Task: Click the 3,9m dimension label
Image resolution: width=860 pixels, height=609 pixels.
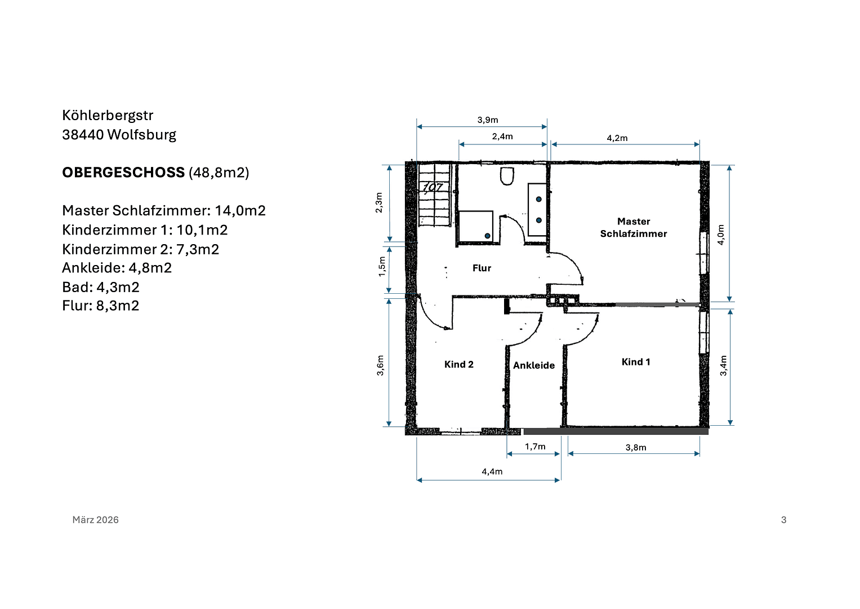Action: tap(488, 120)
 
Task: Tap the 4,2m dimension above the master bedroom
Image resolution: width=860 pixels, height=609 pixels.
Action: tap(617, 138)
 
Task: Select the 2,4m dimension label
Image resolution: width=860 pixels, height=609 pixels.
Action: tap(502, 136)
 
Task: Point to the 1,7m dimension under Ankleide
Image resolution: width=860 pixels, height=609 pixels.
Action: tap(535, 447)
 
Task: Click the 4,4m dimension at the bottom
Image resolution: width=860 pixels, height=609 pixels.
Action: tap(492, 471)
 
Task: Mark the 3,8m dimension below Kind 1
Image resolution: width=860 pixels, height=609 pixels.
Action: tap(635, 448)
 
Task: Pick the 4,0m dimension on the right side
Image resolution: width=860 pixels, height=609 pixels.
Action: tap(721, 235)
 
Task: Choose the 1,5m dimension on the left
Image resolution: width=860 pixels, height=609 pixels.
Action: tap(382, 266)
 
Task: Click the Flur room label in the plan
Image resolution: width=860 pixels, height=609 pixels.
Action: tap(482, 268)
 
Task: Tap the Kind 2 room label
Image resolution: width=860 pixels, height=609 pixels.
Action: tap(458, 364)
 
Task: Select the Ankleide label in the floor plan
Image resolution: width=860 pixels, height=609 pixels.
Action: tap(533, 365)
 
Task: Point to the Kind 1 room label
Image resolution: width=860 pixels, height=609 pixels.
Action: tap(635, 362)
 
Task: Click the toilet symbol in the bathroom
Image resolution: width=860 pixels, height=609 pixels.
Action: tap(507, 176)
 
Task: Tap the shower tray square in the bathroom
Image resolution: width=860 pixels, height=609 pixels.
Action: tap(476, 226)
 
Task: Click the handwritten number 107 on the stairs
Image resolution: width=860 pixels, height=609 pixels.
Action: tap(433, 187)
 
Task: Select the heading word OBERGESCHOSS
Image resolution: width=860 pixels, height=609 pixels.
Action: tap(123, 173)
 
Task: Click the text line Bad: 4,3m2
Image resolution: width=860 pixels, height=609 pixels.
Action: tap(101, 287)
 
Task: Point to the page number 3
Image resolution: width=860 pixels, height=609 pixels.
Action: tap(783, 520)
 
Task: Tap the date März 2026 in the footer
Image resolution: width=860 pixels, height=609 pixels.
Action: tap(95, 520)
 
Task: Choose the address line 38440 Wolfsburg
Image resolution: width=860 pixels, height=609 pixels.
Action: tap(119, 135)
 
